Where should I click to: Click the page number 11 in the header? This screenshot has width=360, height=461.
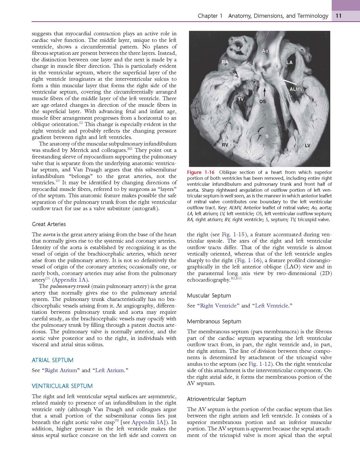(x=339, y=16)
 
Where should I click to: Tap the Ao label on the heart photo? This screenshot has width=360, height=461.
(x=265, y=51)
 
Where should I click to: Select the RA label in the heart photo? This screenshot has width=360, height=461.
(x=225, y=62)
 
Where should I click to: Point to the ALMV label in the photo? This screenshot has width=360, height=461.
(x=296, y=89)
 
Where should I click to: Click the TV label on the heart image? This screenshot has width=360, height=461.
(x=241, y=99)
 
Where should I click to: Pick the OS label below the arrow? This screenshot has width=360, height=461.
(x=262, y=102)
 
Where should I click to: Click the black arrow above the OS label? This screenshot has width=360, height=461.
(x=264, y=92)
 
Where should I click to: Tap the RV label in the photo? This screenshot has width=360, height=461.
(x=225, y=145)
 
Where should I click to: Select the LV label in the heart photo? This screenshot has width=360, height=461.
(x=307, y=146)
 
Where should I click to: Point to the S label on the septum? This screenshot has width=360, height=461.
(x=267, y=136)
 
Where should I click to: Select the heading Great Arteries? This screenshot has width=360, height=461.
(x=49, y=224)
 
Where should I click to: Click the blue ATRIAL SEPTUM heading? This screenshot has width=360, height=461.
(x=52, y=360)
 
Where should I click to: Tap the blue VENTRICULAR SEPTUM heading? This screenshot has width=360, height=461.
(x=62, y=386)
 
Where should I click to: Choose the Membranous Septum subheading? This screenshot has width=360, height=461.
(x=214, y=321)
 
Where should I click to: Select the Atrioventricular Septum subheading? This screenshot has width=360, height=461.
(x=216, y=399)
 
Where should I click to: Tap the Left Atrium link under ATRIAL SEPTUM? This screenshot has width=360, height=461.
(x=110, y=370)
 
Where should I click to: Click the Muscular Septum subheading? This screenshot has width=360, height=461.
(x=209, y=296)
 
